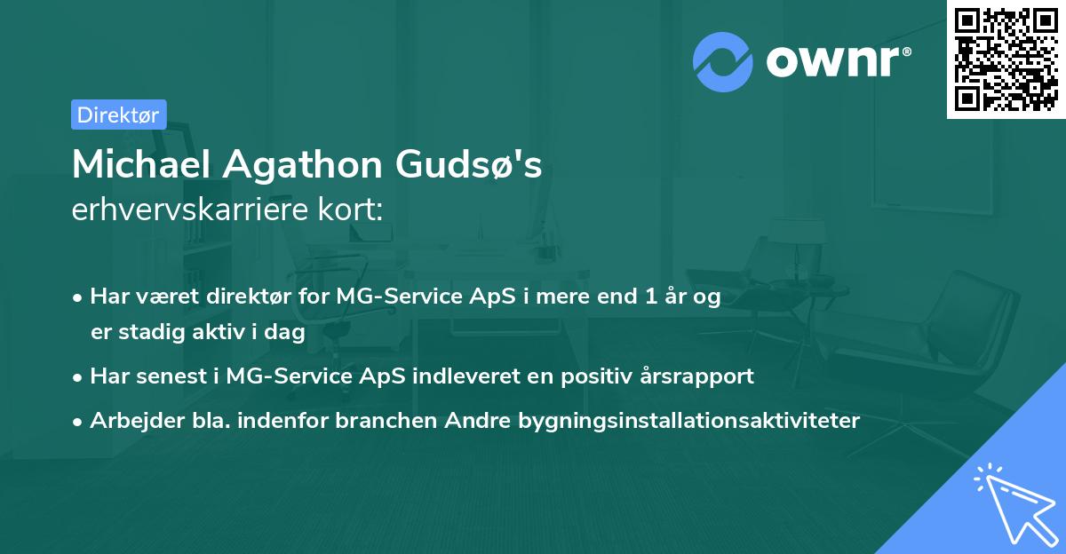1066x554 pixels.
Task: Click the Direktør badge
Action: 118,115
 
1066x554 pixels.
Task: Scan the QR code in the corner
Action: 1006,59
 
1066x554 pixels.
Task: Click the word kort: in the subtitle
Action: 354,210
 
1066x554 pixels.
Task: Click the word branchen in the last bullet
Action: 377,420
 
